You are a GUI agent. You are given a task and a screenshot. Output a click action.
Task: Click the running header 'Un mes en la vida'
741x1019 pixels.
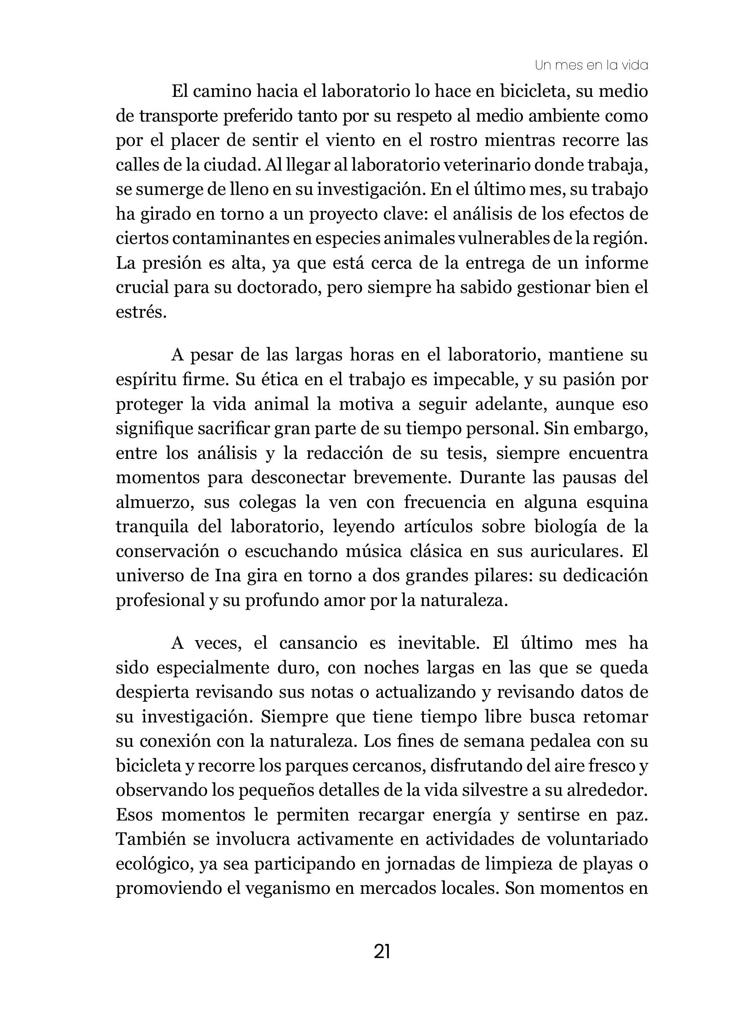pos(591,66)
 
